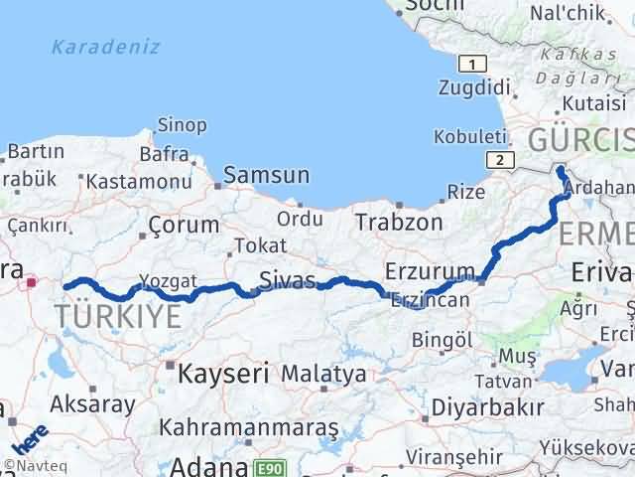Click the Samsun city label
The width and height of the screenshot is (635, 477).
tap(266, 176)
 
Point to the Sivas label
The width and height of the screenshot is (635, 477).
tap(287, 278)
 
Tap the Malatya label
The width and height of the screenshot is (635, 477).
tap(323, 374)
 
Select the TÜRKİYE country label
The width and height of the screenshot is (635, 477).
tap(118, 317)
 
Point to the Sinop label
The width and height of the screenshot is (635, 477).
tap(183, 125)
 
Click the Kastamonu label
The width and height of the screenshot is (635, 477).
tap(138, 182)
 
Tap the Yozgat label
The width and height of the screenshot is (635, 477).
tap(162, 280)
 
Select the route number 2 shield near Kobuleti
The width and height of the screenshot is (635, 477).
tap(502, 159)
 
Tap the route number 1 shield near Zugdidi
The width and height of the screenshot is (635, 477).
tap(474, 65)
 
